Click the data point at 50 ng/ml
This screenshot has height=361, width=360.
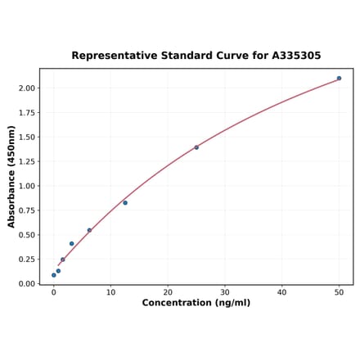point(339,79)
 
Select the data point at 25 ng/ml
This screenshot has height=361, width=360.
point(196,147)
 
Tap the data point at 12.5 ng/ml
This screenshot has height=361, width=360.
point(125,203)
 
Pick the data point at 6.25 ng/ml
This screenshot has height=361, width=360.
point(89,230)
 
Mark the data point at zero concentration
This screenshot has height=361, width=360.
point(54,275)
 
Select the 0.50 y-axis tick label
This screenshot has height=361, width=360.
point(25,235)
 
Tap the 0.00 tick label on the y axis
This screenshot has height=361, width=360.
point(25,284)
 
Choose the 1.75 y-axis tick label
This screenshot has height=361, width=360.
point(25,112)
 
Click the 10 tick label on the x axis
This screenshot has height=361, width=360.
point(110,292)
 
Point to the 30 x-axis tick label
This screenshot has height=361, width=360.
point(225,292)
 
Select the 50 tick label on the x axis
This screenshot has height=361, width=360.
point(339,292)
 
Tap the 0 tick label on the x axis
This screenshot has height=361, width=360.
point(54,292)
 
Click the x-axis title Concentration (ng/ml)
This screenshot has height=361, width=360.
point(196,303)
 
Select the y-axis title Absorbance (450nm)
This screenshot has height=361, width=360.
point(11,177)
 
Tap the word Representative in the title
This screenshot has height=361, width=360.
point(111,56)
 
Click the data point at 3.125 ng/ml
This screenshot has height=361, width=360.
point(71,244)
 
